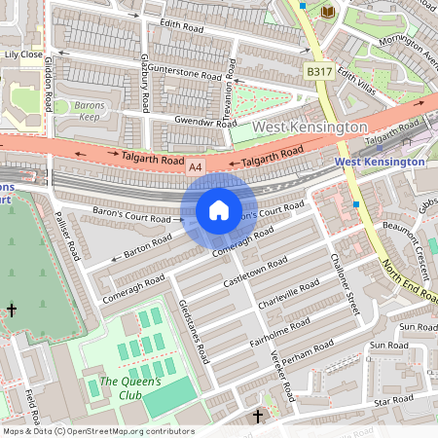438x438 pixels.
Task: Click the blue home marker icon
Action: point(219,210)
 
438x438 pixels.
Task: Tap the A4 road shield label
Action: point(197,167)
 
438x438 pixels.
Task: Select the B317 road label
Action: point(317,72)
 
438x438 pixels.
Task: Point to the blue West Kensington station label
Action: point(380,162)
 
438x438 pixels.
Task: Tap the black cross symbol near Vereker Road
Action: point(258,417)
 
